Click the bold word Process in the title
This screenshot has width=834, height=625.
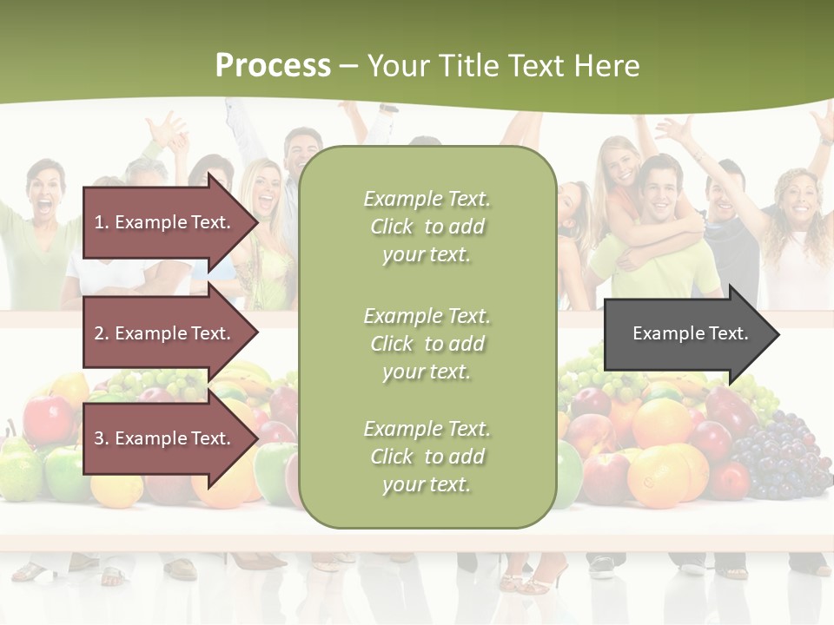(273, 65)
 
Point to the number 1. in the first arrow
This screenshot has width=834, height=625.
(102, 222)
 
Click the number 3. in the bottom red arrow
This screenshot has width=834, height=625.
(102, 438)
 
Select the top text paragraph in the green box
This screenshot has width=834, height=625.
(427, 227)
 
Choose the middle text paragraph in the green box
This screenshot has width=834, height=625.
(427, 344)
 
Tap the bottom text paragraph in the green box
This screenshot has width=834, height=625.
(427, 457)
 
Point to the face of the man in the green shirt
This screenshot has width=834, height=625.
(663, 187)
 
